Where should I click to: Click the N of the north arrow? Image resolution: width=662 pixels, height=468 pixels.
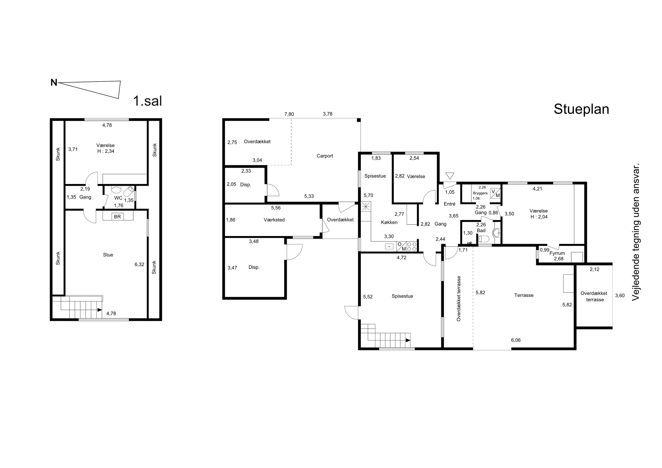point(54,83)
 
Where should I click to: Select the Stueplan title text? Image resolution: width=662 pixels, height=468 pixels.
point(581,109)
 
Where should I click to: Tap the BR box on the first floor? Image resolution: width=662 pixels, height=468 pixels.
point(117,216)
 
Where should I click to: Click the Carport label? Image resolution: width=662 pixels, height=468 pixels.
point(325,156)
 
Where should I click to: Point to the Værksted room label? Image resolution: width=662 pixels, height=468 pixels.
point(274,220)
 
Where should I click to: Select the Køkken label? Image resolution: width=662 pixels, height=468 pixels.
point(389,222)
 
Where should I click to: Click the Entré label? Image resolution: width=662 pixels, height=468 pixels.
point(449,204)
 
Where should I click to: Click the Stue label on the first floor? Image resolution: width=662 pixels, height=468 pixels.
point(108,255)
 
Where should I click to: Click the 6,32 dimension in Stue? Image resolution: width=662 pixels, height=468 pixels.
point(139,264)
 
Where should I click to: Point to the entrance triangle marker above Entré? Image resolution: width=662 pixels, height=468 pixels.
point(450,176)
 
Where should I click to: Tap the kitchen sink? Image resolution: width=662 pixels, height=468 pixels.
point(389,246)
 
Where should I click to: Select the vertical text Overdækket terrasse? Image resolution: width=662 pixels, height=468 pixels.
point(459,299)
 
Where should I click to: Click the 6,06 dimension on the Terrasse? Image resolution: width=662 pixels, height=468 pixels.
point(516,340)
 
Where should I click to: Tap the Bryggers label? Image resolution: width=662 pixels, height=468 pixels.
point(480,193)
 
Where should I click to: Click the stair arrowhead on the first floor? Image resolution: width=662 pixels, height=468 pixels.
point(100,310)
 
